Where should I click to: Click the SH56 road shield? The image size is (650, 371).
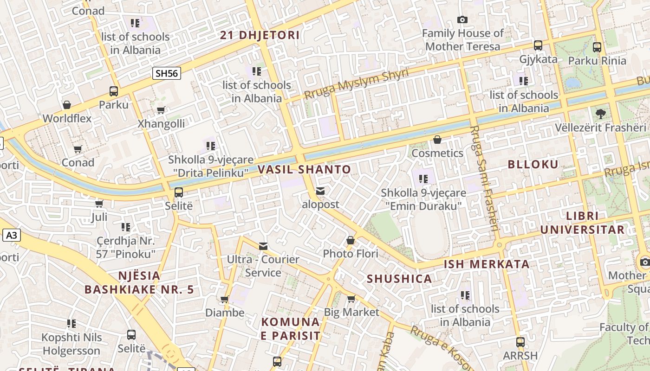(166, 73)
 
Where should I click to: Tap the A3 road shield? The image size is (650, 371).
(12, 235)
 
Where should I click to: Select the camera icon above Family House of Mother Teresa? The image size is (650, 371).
(462, 19)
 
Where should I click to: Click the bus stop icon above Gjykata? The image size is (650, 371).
(538, 45)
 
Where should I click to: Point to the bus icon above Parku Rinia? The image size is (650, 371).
(597, 47)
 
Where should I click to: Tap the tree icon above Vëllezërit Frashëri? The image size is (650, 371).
(600, 114)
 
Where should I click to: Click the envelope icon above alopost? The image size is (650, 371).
(320, 191)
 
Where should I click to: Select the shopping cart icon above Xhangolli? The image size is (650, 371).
(161, 110)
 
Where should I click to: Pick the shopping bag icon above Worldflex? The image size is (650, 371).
(67, 105)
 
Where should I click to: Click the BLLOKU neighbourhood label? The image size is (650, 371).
(533, 164)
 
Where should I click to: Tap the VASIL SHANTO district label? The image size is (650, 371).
(304, 169)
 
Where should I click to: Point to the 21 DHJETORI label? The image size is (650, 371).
(260, 35)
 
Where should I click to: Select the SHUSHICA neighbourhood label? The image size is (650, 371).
(399, 279)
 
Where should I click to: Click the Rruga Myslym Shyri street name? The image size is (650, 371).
(356, 83)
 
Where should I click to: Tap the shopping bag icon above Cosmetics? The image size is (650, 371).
(437, 140)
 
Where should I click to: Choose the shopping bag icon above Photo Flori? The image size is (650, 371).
(351, 240)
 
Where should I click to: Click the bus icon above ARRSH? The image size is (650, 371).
(520, 342)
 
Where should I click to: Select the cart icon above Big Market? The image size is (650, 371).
(351, 299)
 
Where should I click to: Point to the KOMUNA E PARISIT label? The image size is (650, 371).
(290, 329)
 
